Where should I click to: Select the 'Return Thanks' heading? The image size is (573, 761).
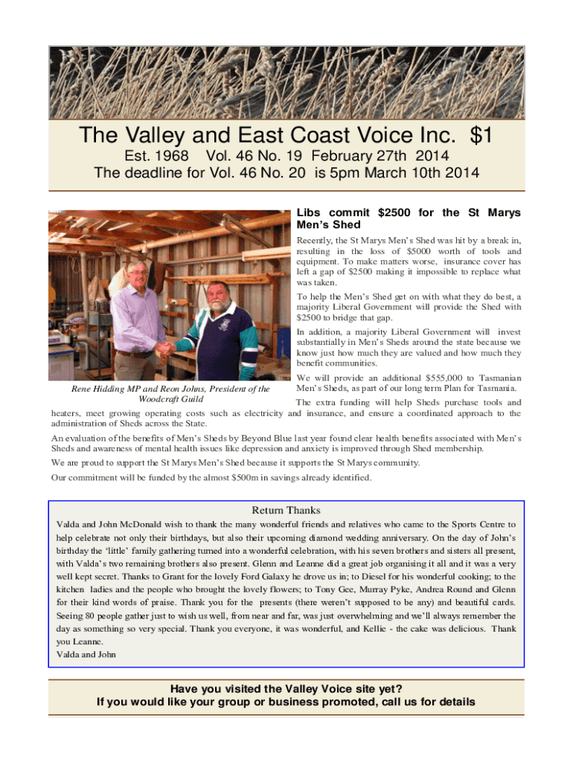click(286, 511)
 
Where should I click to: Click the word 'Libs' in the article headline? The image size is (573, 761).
click(310, 213)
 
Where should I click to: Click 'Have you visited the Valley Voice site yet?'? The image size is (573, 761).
click(286, 689)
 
